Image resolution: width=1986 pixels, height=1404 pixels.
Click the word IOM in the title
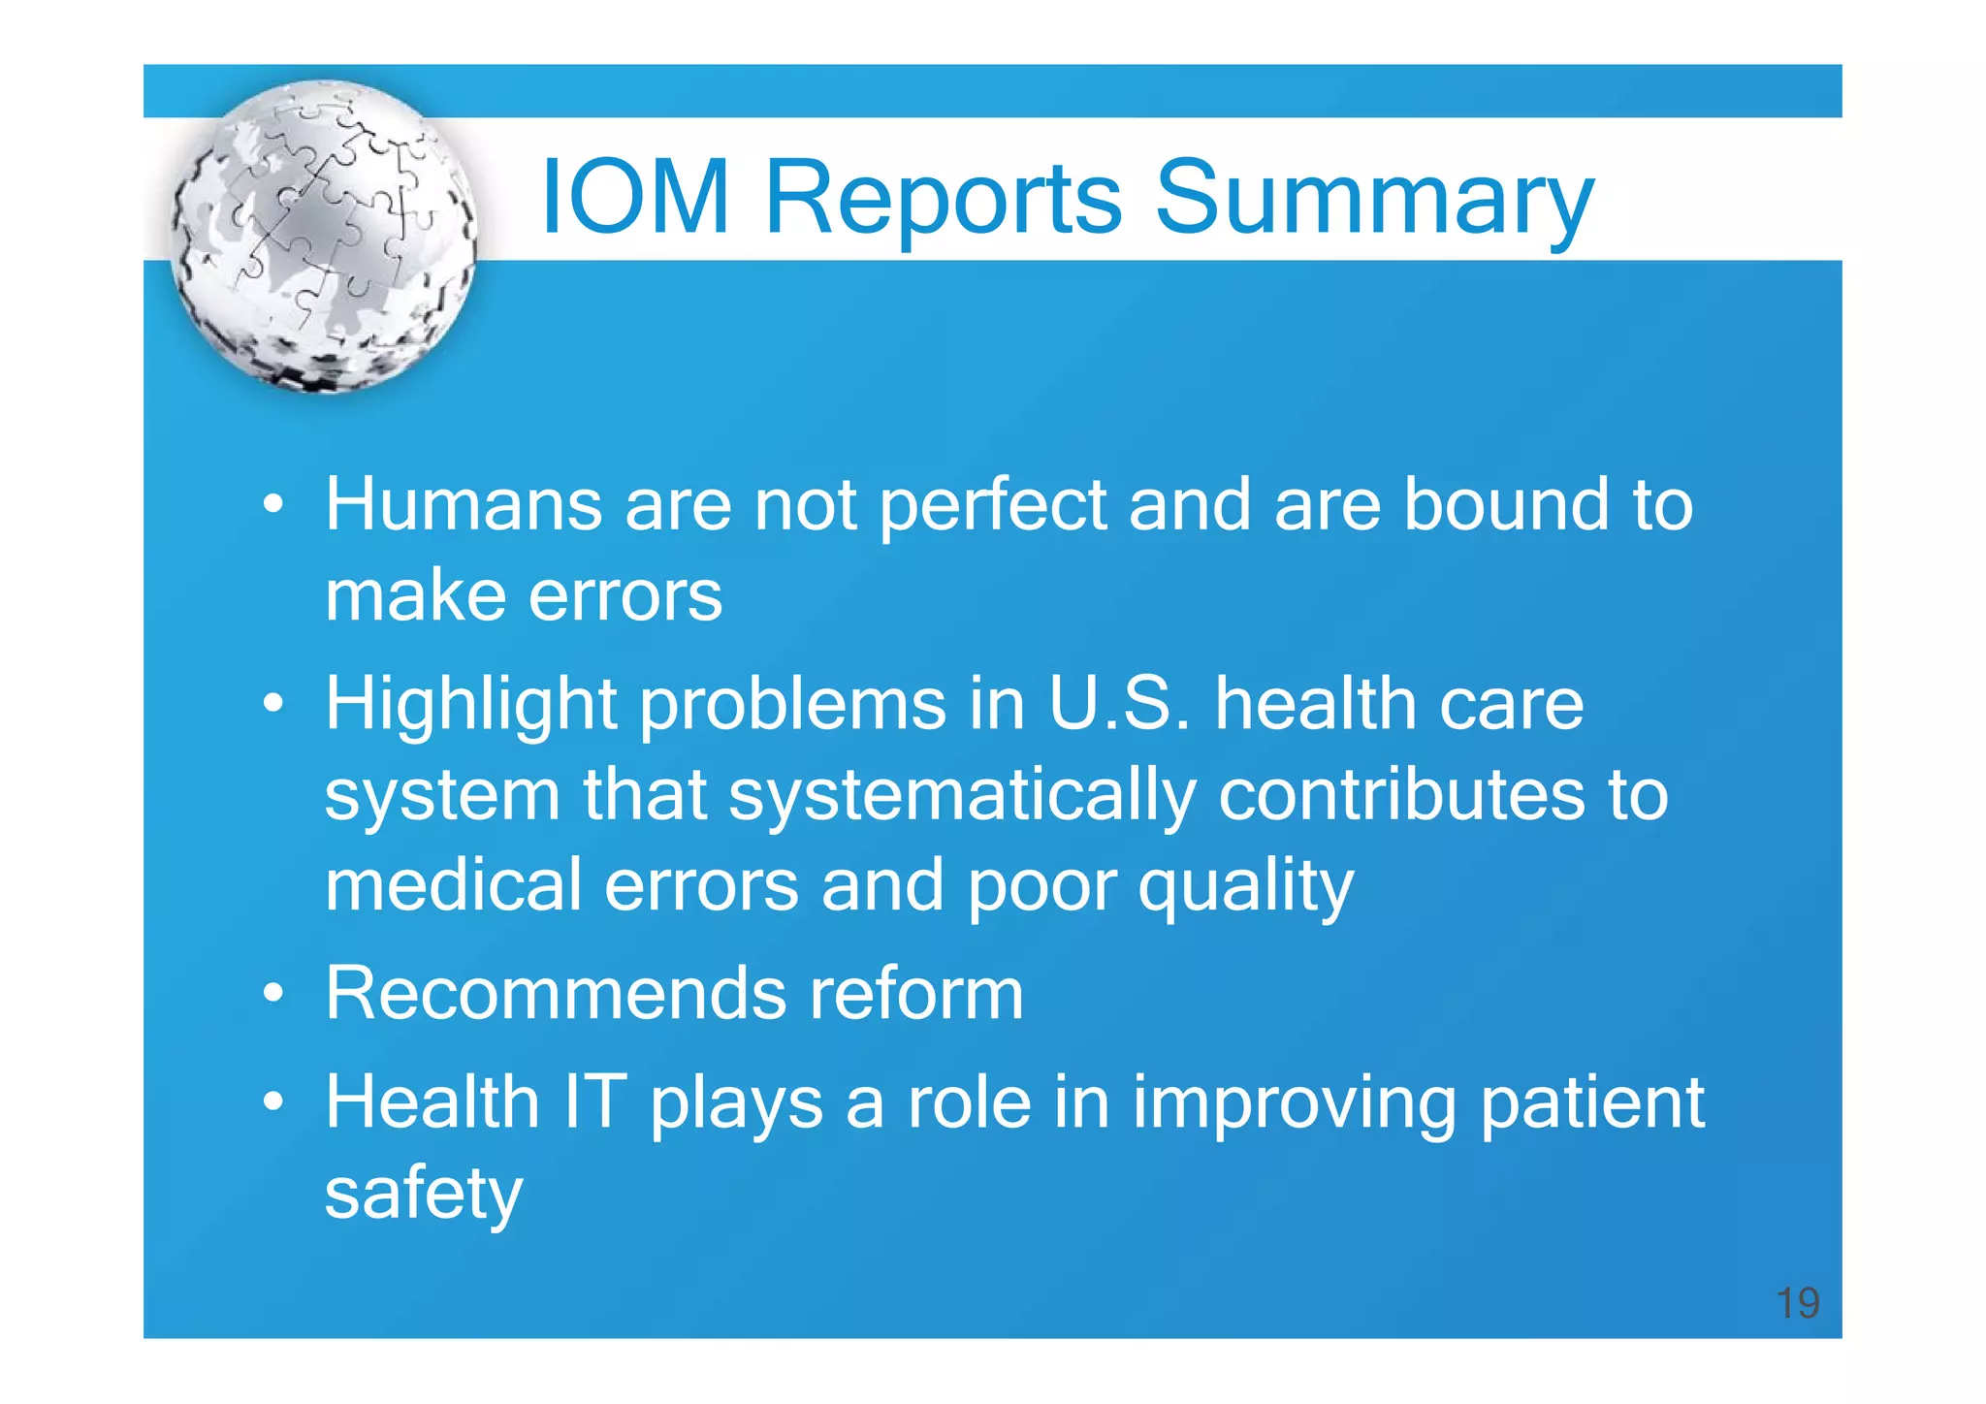point(634,198)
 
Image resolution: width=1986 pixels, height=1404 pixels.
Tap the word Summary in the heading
point(1374,198)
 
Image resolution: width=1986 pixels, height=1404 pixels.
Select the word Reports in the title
point(943,198)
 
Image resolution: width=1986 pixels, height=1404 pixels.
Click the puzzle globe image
point(324,237)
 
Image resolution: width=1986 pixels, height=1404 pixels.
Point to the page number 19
point(1797,1303)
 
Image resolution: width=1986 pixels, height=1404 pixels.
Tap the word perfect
point(992,506)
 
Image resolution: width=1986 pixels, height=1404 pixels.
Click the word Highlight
point(470,705)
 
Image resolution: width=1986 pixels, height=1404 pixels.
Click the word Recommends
point(555,993)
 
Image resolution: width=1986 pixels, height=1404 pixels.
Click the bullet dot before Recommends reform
point(273,995)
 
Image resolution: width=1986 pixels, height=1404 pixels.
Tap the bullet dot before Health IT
point(273,1103)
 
